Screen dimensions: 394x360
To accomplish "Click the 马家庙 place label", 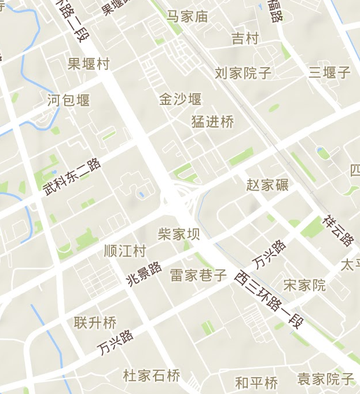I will click(x=188, y=16).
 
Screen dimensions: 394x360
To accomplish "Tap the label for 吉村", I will click(x=245, y=39).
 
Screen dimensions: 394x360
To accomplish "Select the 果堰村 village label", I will click(x=89, y=63).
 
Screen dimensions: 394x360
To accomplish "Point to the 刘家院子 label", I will click(x=243, y=73).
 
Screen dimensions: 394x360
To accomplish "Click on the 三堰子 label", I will click(x=329, y=72).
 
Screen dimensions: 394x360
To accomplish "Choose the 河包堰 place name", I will click(x=69, y=100).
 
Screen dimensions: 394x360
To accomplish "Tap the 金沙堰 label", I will click(x=181, y=99).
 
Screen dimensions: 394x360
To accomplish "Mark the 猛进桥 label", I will click(x=213, y=122).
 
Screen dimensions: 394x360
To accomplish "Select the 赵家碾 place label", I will click(x=267, y=185).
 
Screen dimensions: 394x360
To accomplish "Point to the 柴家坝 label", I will click(x=179, y=234).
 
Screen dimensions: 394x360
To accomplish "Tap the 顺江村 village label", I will click(x=125, y=251).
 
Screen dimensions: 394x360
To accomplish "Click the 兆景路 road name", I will click(x=144, y=274).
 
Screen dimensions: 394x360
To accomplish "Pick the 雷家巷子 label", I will click(x=199, y=275).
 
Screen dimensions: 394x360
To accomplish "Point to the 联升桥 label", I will click(x=95, y=323).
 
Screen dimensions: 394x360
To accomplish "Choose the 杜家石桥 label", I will click(x=152, y=376).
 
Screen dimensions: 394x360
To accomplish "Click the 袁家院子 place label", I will click(x=326, y=380).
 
